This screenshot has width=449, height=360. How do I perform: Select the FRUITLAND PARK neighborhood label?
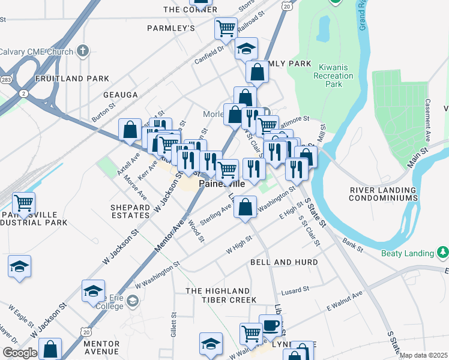point(72,79)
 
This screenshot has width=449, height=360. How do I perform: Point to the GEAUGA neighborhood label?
point(120,95)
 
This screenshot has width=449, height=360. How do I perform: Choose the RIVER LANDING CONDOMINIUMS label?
point(384,194)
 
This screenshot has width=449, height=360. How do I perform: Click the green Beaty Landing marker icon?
point(443,251)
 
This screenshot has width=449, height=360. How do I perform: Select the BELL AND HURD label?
point(283,263)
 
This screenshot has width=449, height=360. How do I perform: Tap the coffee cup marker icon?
point(270,325)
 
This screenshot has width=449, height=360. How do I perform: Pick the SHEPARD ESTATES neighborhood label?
point(130,211)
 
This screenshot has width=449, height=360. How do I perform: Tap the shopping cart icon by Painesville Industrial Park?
point(23,203)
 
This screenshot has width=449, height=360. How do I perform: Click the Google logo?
point(19,353)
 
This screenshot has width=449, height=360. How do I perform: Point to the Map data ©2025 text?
point(423,355)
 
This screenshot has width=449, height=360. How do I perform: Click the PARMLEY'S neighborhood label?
point(171,28)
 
